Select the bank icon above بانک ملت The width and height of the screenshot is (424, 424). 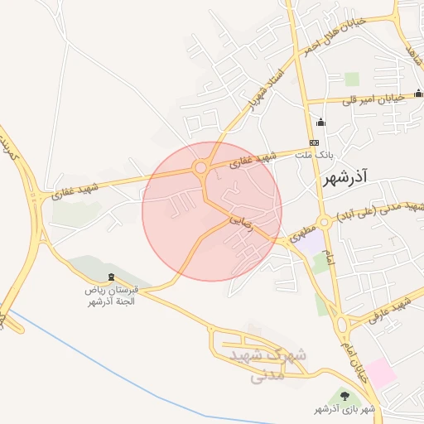coord(320,123)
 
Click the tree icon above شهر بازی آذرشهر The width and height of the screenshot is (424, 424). coord(344,397)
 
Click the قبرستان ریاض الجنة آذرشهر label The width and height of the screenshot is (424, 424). coord(115,296)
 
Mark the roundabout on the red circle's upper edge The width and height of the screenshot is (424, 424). coord(200,168)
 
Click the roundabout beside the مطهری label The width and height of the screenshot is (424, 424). coord(324,221)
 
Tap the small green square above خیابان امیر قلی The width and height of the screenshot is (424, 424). coord(352,79)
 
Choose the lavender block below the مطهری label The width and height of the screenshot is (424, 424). coord(311,243)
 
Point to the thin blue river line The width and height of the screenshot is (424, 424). coord(124,365)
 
